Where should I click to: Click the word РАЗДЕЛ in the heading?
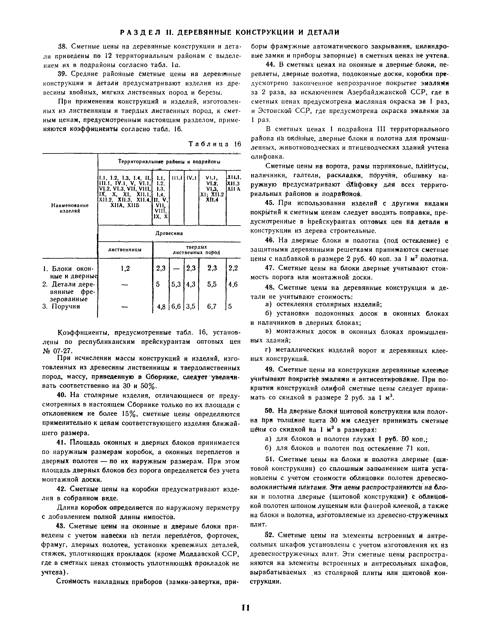click(x=139, y=32)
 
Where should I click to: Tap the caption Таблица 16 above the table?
click(x=215, y=144)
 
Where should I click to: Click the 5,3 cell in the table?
click(x=176, y=285)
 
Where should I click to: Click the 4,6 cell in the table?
click(x=233, y=285)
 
